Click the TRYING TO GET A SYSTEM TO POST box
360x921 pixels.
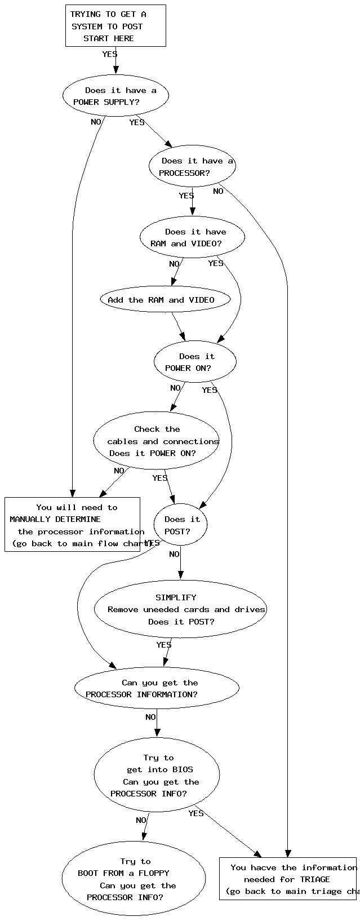point(115,26)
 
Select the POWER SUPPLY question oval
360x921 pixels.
point(115,96)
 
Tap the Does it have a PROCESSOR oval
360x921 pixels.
point(192,166)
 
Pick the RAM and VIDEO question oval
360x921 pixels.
point(192,237)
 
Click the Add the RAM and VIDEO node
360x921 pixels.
point(165,300)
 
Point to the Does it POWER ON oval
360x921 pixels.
point(195,362)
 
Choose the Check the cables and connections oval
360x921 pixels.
point(156,441)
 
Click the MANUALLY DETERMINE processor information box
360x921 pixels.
point(72,525)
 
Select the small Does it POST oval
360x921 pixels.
point(180,525)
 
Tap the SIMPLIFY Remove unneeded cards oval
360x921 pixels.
point(180,609)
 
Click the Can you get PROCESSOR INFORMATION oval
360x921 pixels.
point(157,688)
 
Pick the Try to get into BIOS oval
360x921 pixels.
point(157,776)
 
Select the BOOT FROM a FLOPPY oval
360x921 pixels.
point(134,879)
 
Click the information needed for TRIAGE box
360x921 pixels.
point(288,879)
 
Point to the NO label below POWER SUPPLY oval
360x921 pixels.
point(96,122)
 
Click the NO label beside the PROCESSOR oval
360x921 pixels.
point(218,192)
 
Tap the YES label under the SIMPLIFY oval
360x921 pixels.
point(164,645)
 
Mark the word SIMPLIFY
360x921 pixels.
point(176,597)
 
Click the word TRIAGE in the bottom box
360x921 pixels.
point(315,879)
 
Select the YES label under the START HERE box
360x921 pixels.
point(110,55)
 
